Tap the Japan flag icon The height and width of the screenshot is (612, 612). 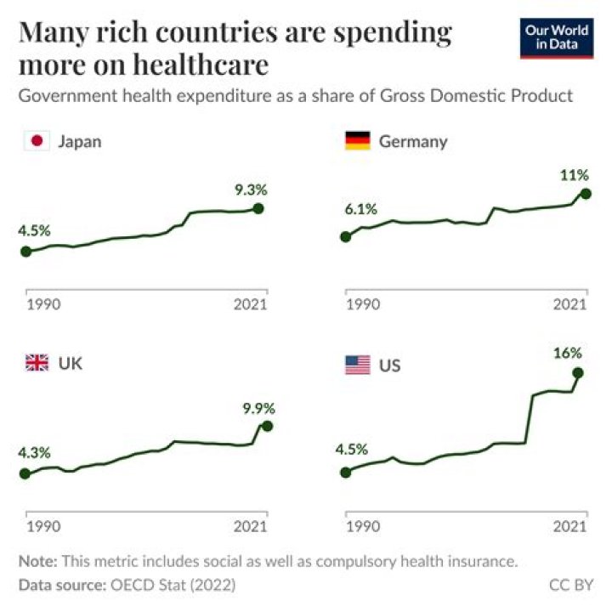pos(37,141)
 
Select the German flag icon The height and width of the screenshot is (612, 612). pos(357,141)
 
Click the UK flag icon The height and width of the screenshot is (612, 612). pos(37,364)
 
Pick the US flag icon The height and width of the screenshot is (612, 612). pos(357,365)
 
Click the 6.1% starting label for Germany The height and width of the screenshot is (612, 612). pos(360,210)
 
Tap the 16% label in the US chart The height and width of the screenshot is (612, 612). pos(569,352)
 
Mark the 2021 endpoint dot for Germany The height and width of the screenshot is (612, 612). pos(586,194)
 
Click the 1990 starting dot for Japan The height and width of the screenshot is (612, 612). pos(25,251)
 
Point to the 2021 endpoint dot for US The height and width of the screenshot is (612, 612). pos(579,372)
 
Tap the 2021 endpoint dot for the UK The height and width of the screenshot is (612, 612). pos(268,426)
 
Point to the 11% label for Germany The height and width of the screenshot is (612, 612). pos(574,175)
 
